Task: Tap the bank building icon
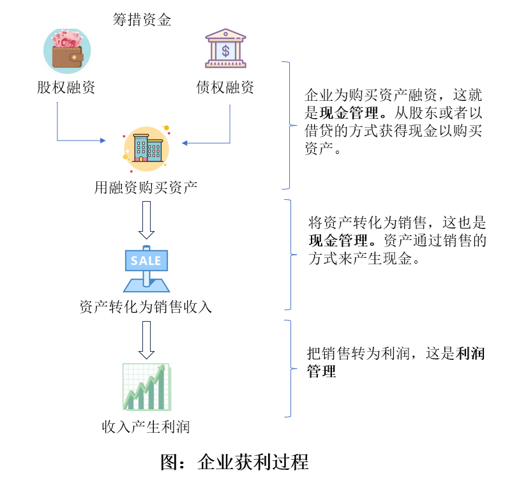(225, 48)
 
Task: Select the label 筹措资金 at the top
(142, 20)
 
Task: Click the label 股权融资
(66, 87)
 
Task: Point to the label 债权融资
(225, 87)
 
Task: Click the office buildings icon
(147, 148)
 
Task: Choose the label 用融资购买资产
(146, 187)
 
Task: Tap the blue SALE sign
(146, 261)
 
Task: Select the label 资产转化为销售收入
(146, 307)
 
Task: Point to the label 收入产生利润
(146, 426)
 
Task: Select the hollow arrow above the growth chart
(146, 340)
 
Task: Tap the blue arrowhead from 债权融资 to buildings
(185, 143)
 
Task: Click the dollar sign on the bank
(225, 50)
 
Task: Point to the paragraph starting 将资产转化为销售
(396, 241)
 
